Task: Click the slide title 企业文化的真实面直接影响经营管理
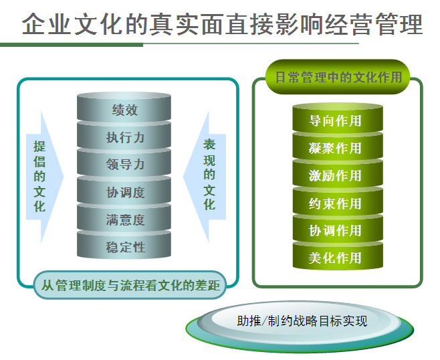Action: pos(222,24)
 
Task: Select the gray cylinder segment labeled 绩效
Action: pos(124,107)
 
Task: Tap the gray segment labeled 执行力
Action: pos(124,135)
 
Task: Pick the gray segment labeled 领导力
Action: pos(124,163)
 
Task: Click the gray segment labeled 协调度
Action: pos(124,191)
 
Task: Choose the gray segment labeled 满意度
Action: pos(124,218)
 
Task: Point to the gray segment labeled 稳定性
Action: pos(124,245)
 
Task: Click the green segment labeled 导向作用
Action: pos(338,118)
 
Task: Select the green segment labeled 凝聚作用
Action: pos(338,146)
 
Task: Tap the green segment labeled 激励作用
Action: pos(338,173)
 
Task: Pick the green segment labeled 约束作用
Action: pos(338,201)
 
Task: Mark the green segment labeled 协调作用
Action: pos(338,229)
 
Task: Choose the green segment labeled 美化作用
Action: pos(338,256)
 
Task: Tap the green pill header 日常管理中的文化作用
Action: pos(338,77)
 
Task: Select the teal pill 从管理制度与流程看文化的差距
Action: pos(130,285)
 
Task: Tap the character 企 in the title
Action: pos(33,24)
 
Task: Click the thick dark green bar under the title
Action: pos(72,45)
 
